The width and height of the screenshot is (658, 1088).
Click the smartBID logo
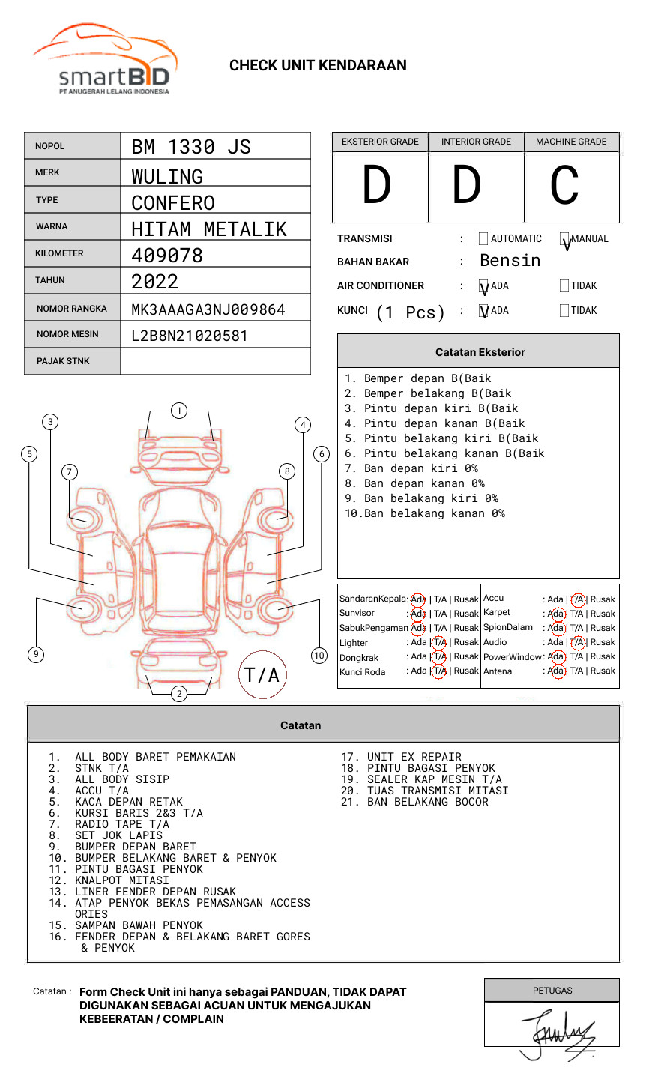coord(105,60)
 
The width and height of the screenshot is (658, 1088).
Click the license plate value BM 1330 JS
coord(191,147)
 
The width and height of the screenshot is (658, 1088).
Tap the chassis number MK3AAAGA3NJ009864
coord(208,309)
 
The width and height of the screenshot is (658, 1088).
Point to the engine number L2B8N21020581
coord(189,336)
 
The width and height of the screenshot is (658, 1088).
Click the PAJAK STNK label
coord(63,361)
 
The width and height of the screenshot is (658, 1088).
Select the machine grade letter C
coord(564,186)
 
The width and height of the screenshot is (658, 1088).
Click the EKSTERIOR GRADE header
coord(380,142)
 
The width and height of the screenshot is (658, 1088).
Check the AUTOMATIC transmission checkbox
coord(483,239)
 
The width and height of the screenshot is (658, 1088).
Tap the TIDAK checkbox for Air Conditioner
coord(564,286)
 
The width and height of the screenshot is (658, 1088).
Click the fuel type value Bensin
coord(510,261)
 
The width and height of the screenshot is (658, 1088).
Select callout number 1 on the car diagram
coord(178,410)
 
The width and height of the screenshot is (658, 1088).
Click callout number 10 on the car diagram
coord(319,656)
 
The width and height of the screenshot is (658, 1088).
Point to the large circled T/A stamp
coord(262,674)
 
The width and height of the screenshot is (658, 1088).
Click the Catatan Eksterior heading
coord(480,352)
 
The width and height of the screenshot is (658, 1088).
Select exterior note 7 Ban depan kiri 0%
coord(411,468)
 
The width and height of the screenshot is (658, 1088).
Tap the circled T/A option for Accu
coord(577,599)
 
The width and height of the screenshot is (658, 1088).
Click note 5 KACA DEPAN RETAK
coord(128,802)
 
